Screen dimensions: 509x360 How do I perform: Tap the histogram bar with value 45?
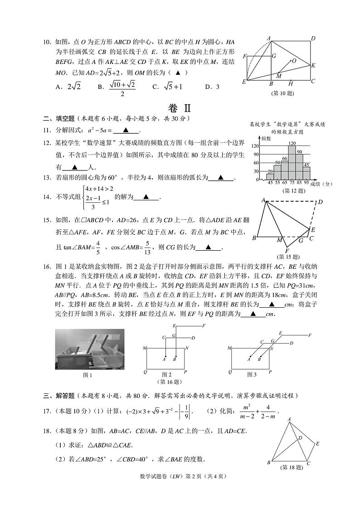pos(306,173)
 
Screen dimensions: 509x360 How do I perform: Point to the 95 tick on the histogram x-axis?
pos(306,183)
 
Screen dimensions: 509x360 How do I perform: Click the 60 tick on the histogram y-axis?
pos(256,163)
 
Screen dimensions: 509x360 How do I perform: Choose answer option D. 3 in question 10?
pos(212,87)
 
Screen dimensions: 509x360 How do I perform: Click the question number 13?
pos(47,178)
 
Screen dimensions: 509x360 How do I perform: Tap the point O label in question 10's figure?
pos(294,60)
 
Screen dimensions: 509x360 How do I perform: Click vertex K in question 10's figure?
pos(313,65)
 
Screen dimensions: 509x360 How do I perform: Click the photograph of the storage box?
pos(89,349)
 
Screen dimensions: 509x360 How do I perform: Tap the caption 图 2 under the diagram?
pos(166,374)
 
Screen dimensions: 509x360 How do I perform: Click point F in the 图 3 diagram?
pos(310,335)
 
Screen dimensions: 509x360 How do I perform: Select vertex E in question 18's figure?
pos(317,444)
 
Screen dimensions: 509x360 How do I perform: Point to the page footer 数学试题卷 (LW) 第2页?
pos(180,476)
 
